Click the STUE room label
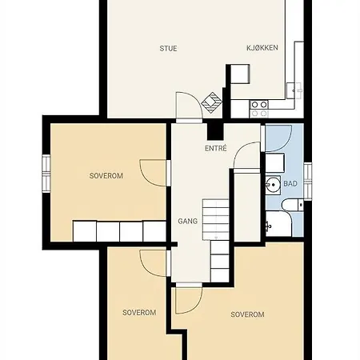coord(168,49)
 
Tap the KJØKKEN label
coord(262,48)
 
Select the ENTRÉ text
coord(216,148)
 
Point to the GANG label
coord(188,221)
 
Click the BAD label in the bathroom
coord(290,184)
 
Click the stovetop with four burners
coord(259,109)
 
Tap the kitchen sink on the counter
coord(294,90)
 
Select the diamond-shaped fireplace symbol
coord(212,102)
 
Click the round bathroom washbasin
coord(273,185)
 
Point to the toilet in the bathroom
coord(293,206)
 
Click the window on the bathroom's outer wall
coord(308,181)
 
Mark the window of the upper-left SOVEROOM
coord(46,174)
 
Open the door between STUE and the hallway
coord(189,107)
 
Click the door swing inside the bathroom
coord(278,138)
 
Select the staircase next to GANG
coord(216,240)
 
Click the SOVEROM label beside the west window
coord(106,176)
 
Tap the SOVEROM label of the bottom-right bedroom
coord(247,314)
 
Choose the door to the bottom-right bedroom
coord(189,298)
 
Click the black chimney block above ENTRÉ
coord(215,131)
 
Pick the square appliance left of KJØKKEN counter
coord(240,74)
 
